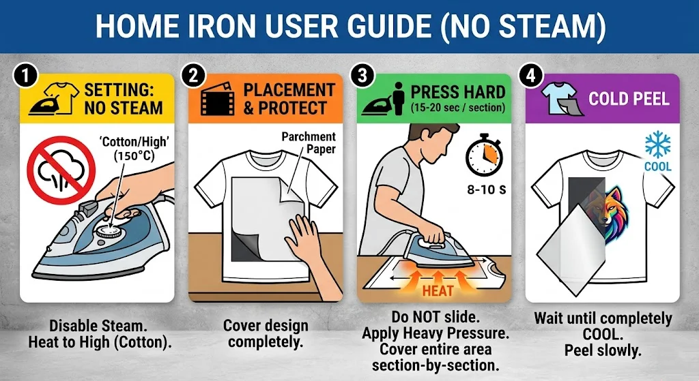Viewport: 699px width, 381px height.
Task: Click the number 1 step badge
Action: click(25, 76)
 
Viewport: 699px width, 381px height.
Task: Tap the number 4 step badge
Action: click(530, 76)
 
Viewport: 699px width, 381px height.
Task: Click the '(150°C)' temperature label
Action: click(133, 156)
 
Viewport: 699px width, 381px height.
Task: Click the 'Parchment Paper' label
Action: click(309, 142)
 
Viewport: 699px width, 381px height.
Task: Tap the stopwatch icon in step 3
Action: click(484, 155)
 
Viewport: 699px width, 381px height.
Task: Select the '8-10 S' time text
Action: click(486, 190)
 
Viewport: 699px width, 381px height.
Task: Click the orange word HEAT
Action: click(438, 291)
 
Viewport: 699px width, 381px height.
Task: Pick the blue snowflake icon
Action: click(658, 145)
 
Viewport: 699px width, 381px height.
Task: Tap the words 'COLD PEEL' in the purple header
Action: click(629, 99)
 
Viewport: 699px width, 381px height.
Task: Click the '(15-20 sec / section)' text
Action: click(458, 108)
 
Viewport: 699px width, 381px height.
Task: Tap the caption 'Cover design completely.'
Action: click(266, 334)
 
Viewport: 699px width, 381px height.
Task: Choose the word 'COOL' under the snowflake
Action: click(658, 166)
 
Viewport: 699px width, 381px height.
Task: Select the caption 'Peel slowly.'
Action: click(603, 350)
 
